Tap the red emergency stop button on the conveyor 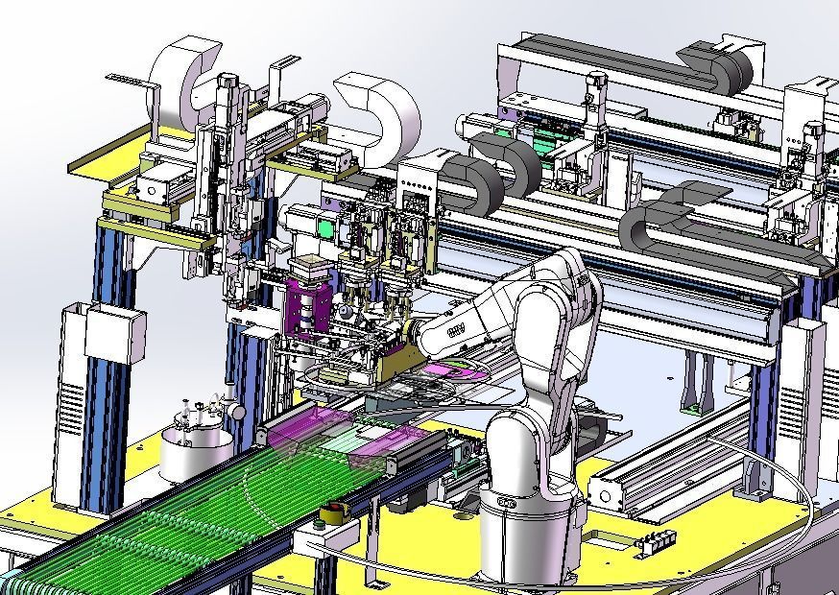pos(333,511)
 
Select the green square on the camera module pos(325,230)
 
